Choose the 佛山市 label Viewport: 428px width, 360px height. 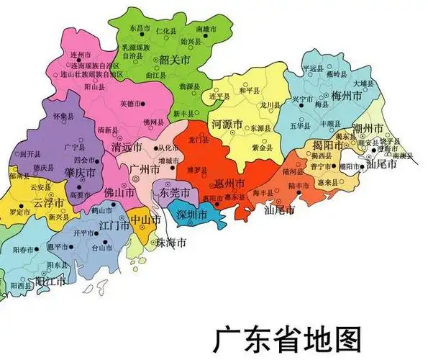pyautogui.click(x=119, y=193)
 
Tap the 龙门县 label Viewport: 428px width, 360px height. pyautogui.click(x=196, y=139)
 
